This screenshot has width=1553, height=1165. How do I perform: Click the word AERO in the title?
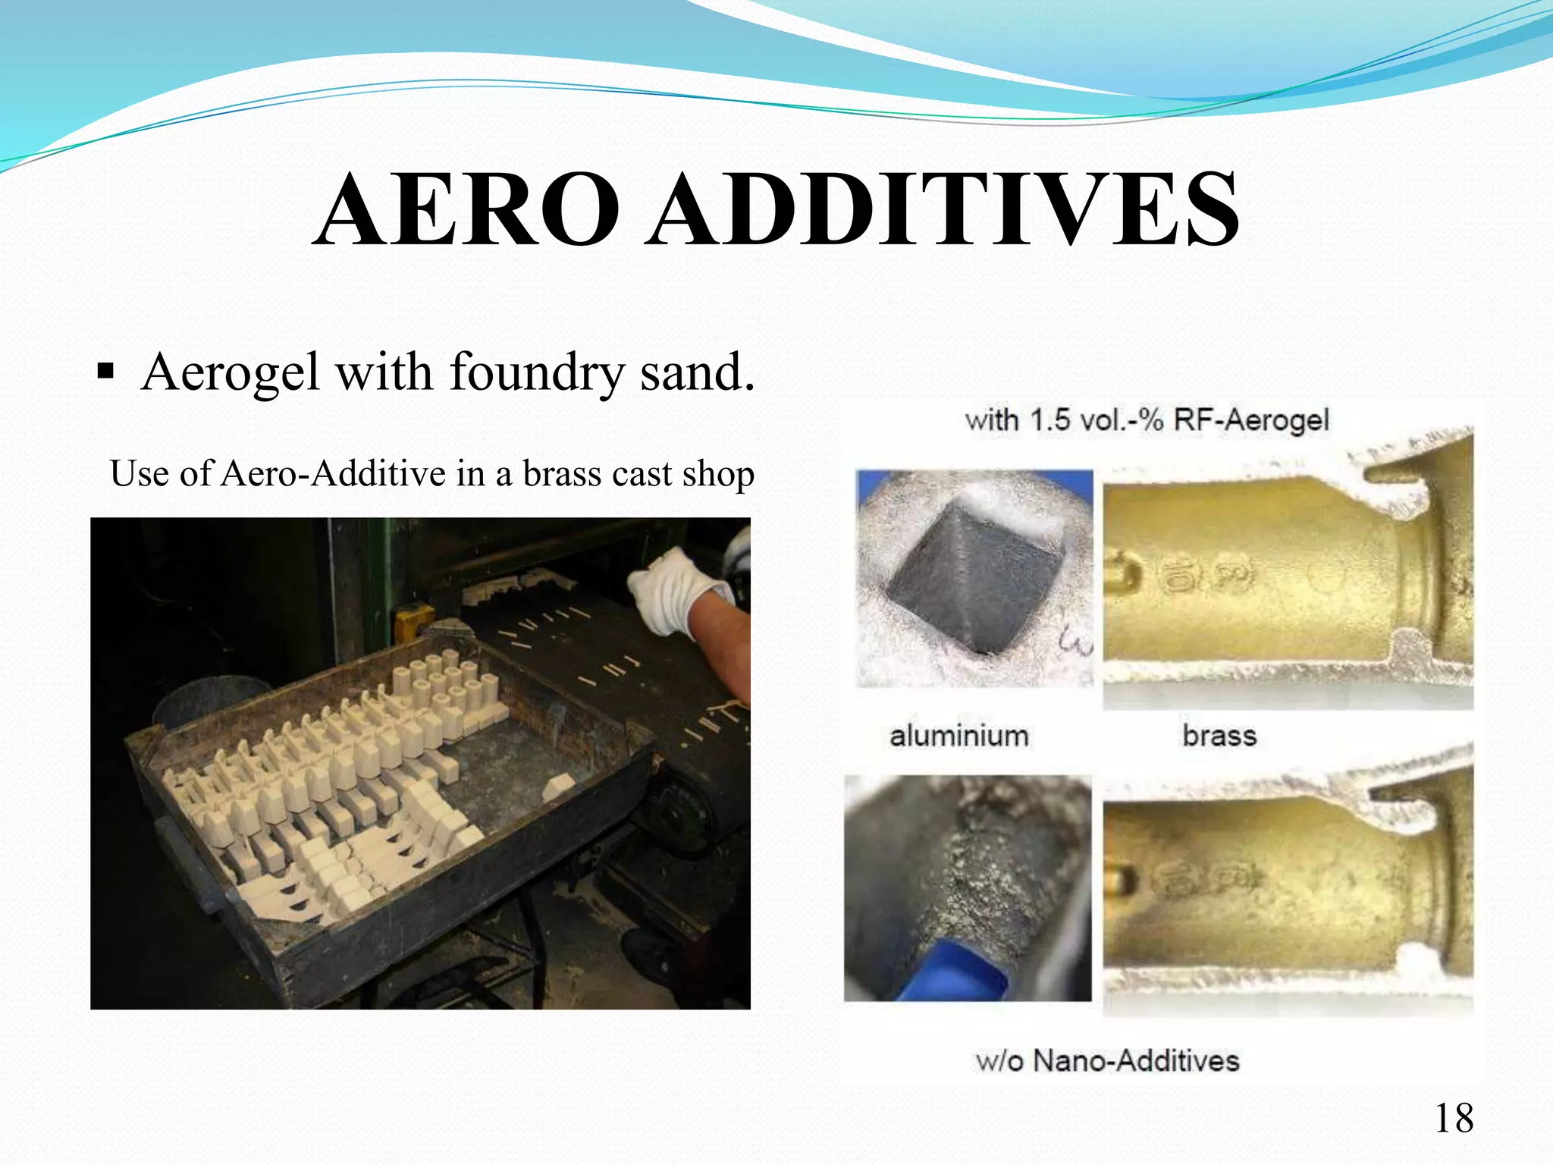click(x=466, y=210)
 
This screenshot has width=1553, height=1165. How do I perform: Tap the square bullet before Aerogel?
click(x=106, y=372)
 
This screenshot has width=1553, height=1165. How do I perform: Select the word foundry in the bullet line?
click(x=536, y=373)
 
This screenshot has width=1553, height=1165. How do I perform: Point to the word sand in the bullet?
click(x=696, y=373)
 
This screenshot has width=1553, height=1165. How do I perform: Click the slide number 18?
click(x=1454, y=1118)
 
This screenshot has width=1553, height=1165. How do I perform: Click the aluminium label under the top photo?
click(x=958, y=736)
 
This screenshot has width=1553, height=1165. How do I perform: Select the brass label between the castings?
click(x=1219, y=736)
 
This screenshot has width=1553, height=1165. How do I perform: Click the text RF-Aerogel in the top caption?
click(x=1251, y=419)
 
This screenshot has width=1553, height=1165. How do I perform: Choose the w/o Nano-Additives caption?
click(x=1107, y=1060)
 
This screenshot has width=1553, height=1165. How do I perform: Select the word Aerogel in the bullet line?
click(x=231, y=373)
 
